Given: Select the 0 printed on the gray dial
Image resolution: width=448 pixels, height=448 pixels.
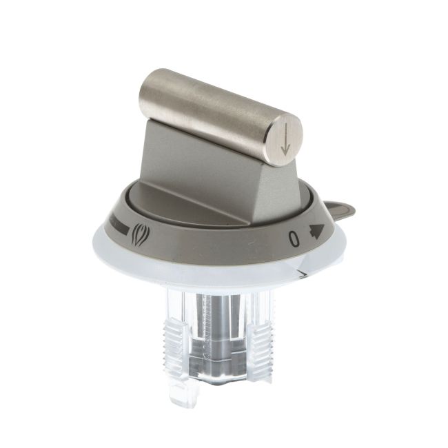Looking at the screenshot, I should (294, 238).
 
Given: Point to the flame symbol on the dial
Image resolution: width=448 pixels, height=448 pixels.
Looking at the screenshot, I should (139, 235).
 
